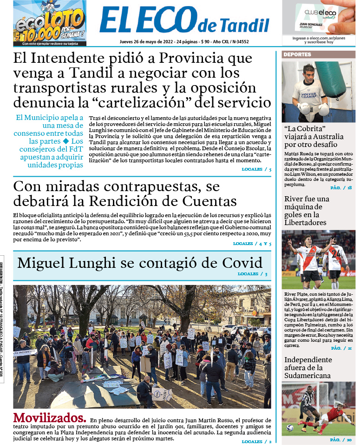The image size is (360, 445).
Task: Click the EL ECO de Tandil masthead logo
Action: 184,21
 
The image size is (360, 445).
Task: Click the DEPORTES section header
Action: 297,54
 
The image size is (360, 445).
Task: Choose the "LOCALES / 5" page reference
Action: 256,169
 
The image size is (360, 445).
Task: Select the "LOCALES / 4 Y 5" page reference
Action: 252,244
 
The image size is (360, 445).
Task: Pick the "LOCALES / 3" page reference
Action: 252,274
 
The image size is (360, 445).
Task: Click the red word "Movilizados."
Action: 50,417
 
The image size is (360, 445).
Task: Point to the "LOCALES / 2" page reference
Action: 256,441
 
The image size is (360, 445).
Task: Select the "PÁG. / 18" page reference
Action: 341,188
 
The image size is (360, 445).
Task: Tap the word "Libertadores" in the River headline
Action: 305,223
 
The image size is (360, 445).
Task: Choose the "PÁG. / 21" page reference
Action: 341,348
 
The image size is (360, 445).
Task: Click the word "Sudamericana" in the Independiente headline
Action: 308,375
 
